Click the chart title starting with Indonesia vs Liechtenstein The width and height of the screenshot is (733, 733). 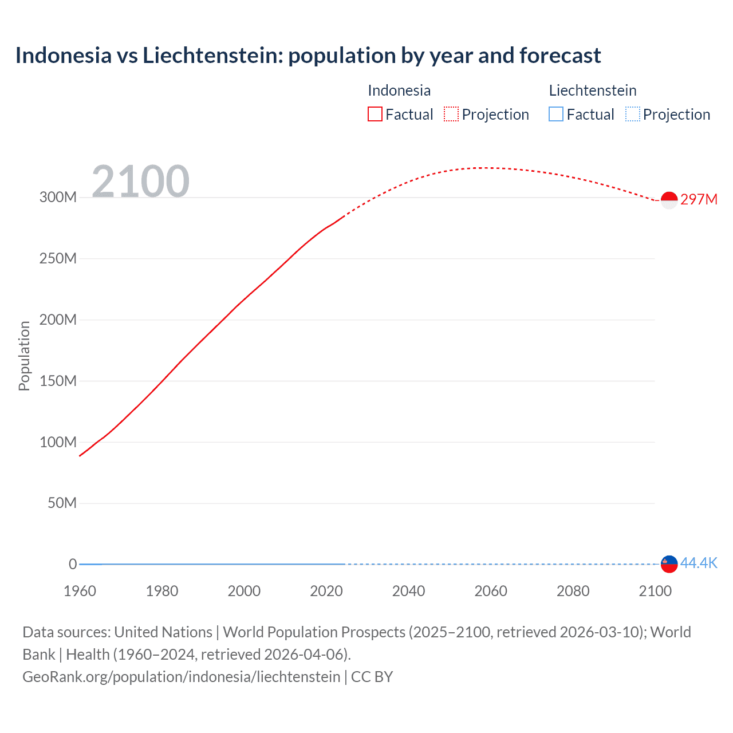pos(308,56)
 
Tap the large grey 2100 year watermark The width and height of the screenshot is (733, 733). pos(140,182)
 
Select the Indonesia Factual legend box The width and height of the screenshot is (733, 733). pos(375,114)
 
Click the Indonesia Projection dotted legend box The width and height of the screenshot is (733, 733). pos(451,114)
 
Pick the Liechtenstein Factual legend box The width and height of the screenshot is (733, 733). pos(556,114)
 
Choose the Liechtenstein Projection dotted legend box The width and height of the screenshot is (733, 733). pos(633,114)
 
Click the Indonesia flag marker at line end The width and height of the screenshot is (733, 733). pos(669,200)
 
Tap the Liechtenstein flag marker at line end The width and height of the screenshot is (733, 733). pos(669,564)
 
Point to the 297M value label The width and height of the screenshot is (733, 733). pos(699,199)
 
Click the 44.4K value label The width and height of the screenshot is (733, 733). pos(699,563)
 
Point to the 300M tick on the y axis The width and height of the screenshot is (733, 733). pos(58,198)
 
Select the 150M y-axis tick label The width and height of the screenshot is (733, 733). pos(58,381)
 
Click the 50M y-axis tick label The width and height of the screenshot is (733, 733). pos(62,503)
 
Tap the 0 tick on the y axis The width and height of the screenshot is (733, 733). pos(73,564)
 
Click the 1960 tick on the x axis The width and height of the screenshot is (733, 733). pos(80,591)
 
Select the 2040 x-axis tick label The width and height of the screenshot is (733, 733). pos(408,591)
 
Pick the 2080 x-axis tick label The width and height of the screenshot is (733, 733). pos(573,591)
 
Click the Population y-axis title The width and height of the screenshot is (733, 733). pos(24,356)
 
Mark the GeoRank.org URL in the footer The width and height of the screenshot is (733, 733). pos(181,676)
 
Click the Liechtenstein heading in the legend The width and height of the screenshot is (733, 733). pos(593,90)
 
